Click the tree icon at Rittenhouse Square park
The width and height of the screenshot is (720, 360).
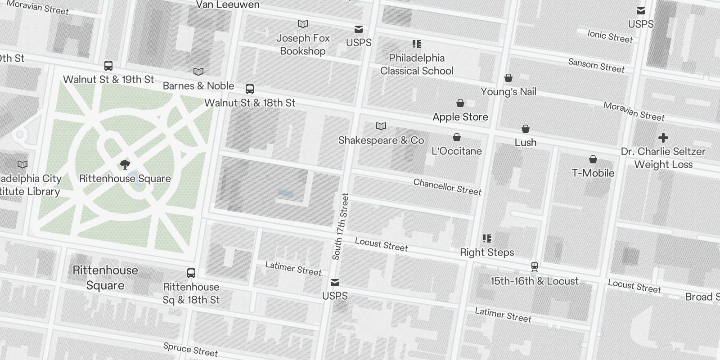coord(125,165)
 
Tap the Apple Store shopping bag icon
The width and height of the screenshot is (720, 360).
coord(460,103)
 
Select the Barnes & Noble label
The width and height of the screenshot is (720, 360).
coord(198,86)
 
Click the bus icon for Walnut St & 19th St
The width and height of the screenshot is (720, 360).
coord(108,66)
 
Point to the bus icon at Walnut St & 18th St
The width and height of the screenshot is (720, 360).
coord(250,89)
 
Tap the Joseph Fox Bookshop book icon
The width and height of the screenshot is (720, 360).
coord(303,24)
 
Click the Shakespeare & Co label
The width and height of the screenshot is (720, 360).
coord(381,140)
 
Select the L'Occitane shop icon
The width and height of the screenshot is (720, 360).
coord(457,137)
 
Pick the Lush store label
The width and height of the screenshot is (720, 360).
coord(526,143)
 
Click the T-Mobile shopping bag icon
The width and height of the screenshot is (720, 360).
coord(593,159)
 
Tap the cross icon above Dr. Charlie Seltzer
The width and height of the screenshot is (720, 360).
coord(663,138)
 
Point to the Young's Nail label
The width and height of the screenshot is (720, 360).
coord(508,92)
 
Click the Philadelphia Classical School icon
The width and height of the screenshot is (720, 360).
coord(417,44)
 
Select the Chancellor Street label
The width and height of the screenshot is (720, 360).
coord(447,187)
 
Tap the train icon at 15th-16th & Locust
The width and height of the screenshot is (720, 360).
coord(535,267)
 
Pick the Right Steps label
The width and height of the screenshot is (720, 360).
coord(487,252)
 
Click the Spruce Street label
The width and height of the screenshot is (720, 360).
coord(191,349)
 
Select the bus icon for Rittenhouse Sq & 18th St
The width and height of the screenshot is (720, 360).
coord(191,273)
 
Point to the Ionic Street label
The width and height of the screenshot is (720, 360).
coord(610,36)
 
